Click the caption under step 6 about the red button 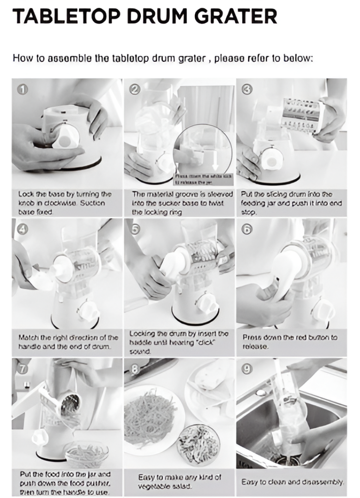[290, 341]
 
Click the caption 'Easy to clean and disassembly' [293, 482]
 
